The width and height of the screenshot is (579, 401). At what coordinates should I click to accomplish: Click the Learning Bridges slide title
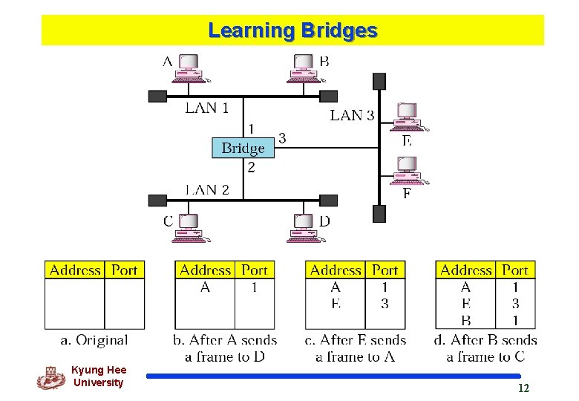pos(292,30)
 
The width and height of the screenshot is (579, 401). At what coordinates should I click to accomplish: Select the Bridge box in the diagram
pos(243,148)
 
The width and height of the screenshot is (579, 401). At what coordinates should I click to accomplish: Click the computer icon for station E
pos(408,116)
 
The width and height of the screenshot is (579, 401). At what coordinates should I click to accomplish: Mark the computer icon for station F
pos(408,170)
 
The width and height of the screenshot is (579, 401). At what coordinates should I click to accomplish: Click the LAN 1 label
pos(206,108)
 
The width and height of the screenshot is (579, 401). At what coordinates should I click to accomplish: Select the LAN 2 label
pos(206,189)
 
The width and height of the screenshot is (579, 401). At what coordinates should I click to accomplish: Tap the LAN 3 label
pos(352,115)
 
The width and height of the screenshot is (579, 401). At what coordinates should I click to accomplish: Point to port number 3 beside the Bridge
pos(282,138)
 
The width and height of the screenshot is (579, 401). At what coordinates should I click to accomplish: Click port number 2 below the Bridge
pos(251,168)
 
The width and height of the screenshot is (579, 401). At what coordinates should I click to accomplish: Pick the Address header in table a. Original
pos(75,270)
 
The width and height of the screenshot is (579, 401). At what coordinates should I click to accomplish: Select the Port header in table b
pos(255,270)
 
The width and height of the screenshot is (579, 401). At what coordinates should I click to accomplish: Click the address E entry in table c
pos(336,304)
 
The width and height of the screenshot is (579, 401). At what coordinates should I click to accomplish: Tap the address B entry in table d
pos(465,321)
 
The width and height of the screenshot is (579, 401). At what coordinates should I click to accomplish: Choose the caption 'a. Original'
pos(94,340)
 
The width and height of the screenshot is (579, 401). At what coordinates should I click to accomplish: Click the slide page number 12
pos(523,388)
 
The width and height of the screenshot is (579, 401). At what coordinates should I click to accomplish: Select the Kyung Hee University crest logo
pos(50,377)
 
